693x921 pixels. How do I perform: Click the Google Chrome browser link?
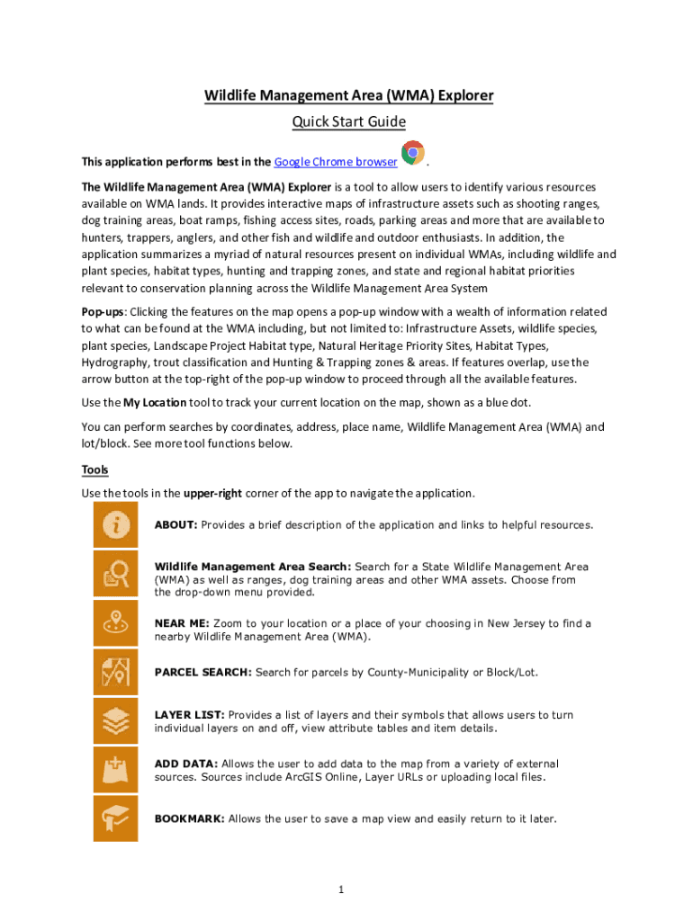(336, 162)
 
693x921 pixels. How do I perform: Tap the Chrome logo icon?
(412, 153)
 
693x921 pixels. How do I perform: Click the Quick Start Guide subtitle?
(347, 121)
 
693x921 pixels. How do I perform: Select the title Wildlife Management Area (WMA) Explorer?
(347, 95)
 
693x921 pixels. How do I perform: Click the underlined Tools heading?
(94, 469)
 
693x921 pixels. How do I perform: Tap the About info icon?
(115, 524)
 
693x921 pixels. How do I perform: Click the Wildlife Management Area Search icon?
(115, 574)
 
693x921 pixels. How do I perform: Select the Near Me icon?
(115, 622)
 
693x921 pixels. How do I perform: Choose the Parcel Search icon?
(115, 672)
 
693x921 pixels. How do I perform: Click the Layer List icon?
(115, 720)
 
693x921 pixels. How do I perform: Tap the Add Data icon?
(115, 769)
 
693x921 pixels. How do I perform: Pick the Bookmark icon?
(115, 818)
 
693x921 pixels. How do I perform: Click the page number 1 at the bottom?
(342, 890)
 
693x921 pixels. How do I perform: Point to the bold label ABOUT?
(175, 524)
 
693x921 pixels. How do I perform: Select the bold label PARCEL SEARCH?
(203, 672)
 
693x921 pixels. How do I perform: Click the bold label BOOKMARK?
(190, 818)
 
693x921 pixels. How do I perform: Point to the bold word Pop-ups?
(102, 310)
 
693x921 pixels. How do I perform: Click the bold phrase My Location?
(155, 402)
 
